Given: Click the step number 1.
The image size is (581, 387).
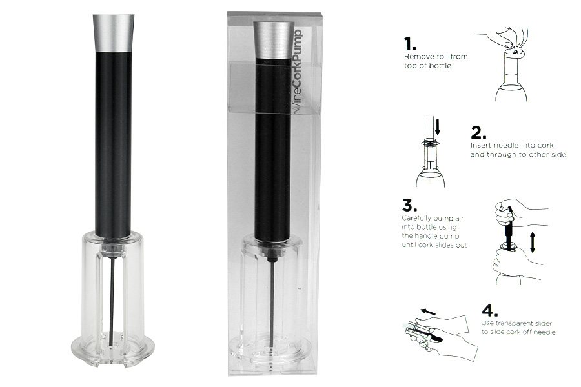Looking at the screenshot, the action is tap(409, 44).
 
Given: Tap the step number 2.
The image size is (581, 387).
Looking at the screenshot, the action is tap(478, 133).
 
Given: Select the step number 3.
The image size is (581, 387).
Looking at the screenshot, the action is tap(409, 205).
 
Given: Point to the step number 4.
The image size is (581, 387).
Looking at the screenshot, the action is tap(489, 310).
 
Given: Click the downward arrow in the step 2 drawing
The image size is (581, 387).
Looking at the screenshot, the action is tap(438, 126).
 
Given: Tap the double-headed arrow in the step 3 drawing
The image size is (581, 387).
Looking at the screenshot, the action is tap(533, 243).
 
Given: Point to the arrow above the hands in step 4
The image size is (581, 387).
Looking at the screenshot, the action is tap(428, 312).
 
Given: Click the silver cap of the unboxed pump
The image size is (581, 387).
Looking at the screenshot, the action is tap(113, 33).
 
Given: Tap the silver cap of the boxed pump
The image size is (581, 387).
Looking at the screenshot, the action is tap(273, 40).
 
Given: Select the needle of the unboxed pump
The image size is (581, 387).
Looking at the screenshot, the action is tap(112, 303).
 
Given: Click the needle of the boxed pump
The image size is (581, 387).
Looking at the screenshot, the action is tap(272, 302).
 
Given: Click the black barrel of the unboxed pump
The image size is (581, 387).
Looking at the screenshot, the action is tap(113, 144).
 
